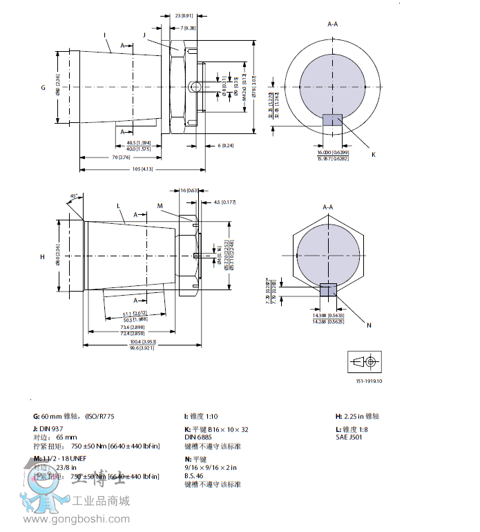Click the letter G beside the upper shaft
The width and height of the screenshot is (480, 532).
[x=43, y=88]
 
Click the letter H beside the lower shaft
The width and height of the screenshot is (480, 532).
[x=42, y=257]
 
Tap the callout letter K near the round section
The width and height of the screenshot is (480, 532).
[x=374, y=154]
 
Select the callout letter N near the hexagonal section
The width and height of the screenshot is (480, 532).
[x=369, y=325]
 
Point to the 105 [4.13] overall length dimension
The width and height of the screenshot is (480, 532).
[x=142, y=169]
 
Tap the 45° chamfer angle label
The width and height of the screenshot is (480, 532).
[x=74, y=196]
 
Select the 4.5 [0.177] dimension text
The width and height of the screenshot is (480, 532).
[x=226, y=202]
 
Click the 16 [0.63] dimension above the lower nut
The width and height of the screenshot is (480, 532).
[x=189, y=190]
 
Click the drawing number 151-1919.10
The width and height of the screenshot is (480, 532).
[x=369, y=381]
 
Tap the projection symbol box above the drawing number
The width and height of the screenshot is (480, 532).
[x=365, y=362]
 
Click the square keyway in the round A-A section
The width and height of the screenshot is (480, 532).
[x=332, y=119]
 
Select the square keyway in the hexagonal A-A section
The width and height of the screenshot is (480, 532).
[x=329, y=291]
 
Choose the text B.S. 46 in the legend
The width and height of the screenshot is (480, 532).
[x=195, y=476]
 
